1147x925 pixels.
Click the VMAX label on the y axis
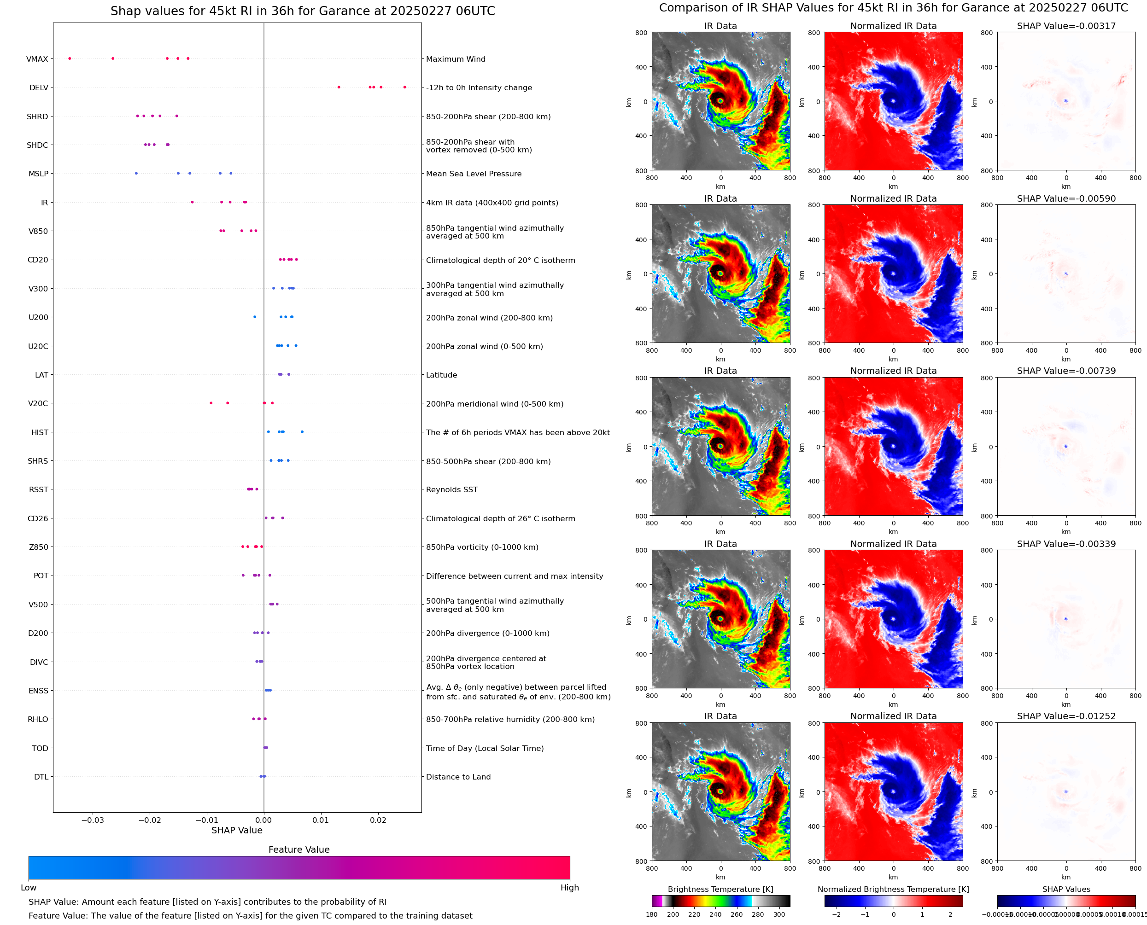[x=37, y=59]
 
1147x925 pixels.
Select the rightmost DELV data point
[x=404, y=87]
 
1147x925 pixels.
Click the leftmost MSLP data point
[x=136, y=174]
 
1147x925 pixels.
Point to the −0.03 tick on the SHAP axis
[x=92, y=820]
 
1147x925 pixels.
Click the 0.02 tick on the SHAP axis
[x=378, y=820]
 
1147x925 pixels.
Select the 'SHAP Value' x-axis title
[x=237, y=830]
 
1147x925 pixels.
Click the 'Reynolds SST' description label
[x=451, y=490]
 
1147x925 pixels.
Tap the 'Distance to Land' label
[x=458, y=777]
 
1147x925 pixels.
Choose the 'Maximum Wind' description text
[x=455, y=59]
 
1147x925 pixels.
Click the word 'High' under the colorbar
[x=569, y=888]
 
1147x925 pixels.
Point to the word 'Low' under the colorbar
[x=29, y=888]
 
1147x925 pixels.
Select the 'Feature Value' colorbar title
[x=298, y=850]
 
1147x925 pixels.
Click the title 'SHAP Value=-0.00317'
[x=1066, y=26]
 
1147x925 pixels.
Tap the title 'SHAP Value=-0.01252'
[x=1066, y=716]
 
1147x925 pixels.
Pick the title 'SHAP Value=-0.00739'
[x=1066, y=371]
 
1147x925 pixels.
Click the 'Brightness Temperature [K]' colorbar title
[x=720, y=889]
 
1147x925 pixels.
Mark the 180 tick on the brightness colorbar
[x=652, y=914]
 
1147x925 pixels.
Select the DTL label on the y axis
[x=41, y=777]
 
